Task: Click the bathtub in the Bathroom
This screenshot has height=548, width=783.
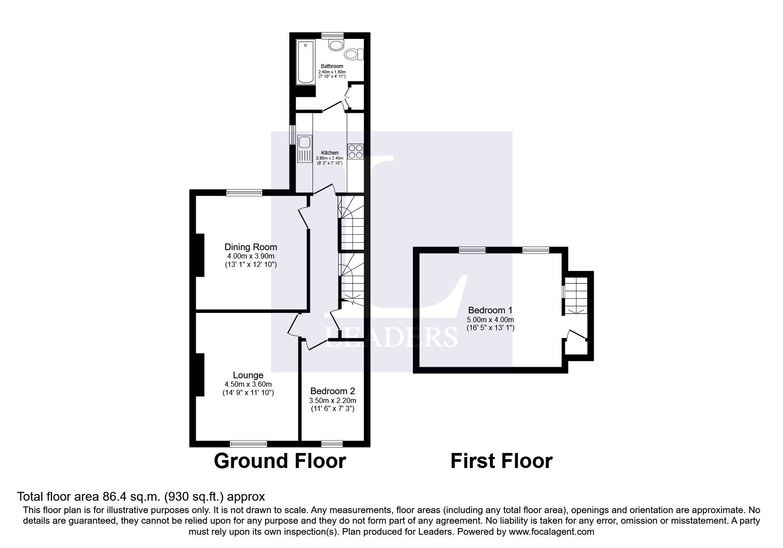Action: [306, 62]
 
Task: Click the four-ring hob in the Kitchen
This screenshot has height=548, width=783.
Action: [355, 152]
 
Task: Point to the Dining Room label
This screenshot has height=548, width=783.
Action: [251, 247]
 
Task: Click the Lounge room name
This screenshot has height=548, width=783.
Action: [248, 376]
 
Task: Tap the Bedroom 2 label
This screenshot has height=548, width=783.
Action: [332, 391]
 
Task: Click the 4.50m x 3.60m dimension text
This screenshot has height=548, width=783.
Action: [248, 384]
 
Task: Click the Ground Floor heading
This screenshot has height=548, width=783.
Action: [279, 461]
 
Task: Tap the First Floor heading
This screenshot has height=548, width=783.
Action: [501, 461]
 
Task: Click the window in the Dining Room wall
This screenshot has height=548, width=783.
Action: [244, 193]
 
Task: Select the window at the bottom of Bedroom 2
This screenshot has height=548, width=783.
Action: [332, 443]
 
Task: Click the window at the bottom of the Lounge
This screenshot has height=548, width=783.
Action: [248, 443]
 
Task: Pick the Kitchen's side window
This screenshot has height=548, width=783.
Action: [292, 135]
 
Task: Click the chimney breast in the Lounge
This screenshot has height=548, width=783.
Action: [199, 375]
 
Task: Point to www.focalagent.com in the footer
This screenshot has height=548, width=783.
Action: [551, 532]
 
